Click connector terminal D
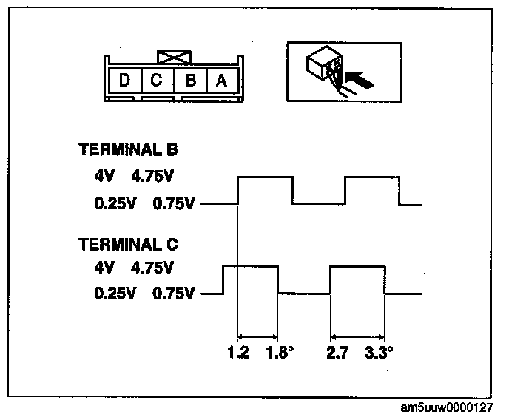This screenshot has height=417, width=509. tap(124, 80)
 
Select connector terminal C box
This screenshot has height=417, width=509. tap(157, 80)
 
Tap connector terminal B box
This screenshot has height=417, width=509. tap(189, 80)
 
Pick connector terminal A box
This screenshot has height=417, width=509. tap(221, 80)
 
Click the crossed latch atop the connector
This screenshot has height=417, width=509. tap(174, 57)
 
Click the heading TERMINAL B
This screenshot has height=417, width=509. tap(132, 150)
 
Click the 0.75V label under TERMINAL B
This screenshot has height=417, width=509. tap(173, 203)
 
